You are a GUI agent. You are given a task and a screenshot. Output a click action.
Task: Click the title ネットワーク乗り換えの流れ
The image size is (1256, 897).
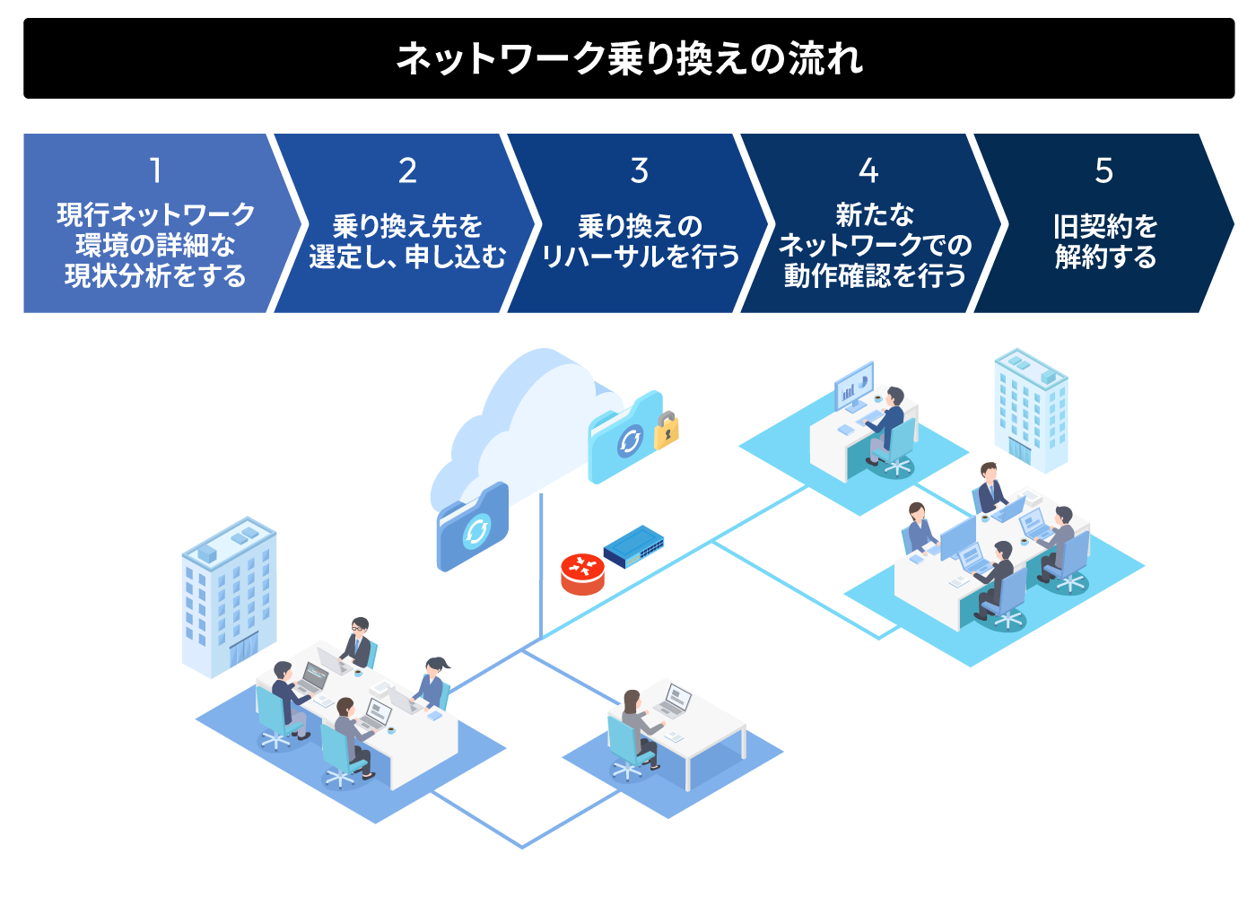pos(629,59)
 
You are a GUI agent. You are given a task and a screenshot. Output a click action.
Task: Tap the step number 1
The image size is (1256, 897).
pos(155,170)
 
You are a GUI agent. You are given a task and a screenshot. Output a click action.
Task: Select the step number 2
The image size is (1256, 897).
pos(407,170)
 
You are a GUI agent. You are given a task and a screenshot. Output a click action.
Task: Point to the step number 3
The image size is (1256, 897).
pos(640,170)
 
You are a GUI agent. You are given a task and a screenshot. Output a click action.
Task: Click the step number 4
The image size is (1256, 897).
pos(868,170)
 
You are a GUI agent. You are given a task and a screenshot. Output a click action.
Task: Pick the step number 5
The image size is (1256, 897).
pos(1104,170)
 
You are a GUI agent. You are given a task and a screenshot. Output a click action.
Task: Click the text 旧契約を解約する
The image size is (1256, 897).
pos(1105,241)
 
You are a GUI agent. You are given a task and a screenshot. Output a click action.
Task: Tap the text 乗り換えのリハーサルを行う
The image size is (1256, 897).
pos(641,241)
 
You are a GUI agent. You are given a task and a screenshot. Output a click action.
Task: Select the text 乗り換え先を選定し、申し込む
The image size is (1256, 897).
pos(407,241)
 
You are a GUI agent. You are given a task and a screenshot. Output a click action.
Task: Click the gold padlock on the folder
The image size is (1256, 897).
pos(666,430)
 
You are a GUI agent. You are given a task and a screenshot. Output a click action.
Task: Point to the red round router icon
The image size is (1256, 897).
pos(582,574)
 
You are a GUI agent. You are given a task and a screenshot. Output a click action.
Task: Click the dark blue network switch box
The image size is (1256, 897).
pos(633,546)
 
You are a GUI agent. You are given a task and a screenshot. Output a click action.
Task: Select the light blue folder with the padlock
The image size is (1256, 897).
pos(625,438)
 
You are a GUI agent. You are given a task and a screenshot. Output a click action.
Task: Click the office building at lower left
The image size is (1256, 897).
pos(229,596)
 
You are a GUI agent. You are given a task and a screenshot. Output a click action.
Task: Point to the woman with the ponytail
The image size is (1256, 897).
pos(433,683)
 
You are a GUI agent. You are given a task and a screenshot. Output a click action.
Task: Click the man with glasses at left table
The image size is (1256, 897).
pos(358,640)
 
